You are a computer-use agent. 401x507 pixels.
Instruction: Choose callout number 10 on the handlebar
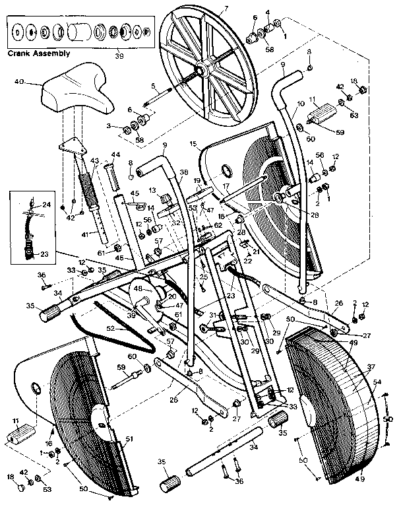click(x=300, y=104)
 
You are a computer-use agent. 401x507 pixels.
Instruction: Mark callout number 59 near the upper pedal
click(x=341, y=132)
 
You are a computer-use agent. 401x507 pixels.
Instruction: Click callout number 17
click(x=225, y=186)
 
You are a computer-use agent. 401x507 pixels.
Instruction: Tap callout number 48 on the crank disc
click(x=139, y=288)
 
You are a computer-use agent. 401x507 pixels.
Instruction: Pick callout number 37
click(x=370, y=366)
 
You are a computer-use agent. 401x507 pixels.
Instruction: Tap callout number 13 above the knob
click(x=150, y=190)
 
